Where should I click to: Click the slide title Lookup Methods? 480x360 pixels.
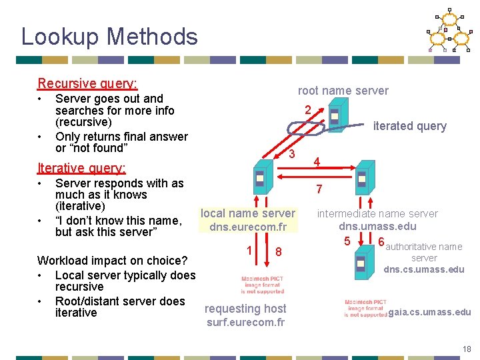pos(109,36)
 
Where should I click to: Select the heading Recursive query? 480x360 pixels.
pos(87,83)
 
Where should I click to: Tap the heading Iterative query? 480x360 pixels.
pos(82,168)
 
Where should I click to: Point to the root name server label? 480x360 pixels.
pos(343,91)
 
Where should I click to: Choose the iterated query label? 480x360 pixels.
pos(409,126)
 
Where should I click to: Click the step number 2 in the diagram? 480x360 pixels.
pos(307,109)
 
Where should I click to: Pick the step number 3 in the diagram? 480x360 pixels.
pos(292,154)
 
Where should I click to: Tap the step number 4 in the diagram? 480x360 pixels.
pos(317,162)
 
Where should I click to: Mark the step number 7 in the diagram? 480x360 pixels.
pos(319,189)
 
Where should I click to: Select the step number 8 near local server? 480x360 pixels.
pos(279,252)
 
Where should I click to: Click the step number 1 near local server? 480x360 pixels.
pos(248,251)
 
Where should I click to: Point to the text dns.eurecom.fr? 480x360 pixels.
pos(248,227)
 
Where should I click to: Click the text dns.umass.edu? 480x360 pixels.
pos(377,227)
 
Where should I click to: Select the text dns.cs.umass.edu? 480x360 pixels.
pos(423,270)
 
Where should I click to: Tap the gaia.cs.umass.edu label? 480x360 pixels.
pos(429,312)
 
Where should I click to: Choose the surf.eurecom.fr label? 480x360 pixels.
pos(245,323)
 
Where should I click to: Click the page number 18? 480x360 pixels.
pos(466,349)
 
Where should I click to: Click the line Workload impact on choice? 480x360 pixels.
pos(112,261)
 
